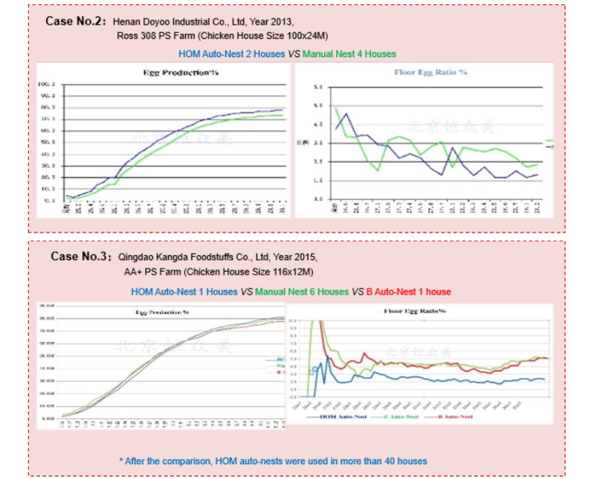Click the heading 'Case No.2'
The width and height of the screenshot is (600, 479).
click(75, 21)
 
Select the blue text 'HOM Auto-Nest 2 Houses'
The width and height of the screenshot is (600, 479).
click(231, 54)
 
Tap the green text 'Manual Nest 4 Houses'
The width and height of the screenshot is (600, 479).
click(349, 54)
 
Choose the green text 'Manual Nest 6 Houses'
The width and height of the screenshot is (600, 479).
click(302, 292)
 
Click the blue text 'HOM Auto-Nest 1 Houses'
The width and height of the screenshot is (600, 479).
click(184, 292)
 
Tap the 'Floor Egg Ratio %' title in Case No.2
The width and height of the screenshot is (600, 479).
click(431, 72)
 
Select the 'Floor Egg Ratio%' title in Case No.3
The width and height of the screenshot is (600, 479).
click(415, 311)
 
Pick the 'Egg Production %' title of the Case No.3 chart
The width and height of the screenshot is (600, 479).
click(162, 312)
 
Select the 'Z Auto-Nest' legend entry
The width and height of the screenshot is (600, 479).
click(396, 416)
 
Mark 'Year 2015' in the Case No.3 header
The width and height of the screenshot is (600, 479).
click(297, 258)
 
